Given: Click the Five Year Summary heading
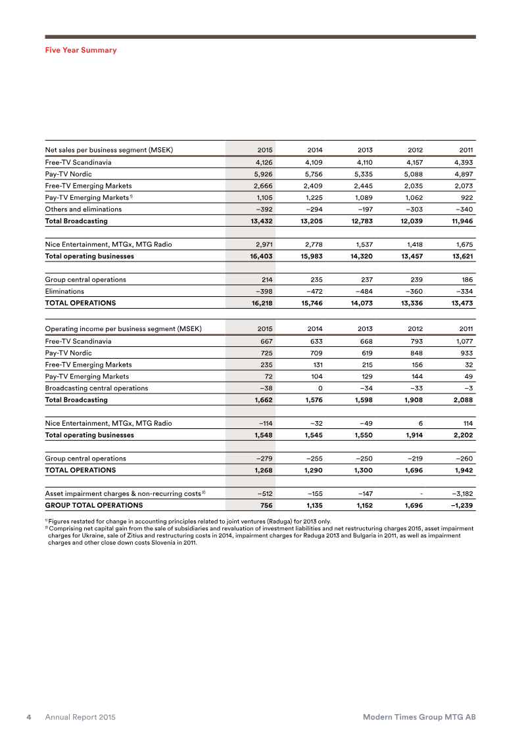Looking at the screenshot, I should pos(81,50).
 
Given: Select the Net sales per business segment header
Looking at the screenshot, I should pos(108,149).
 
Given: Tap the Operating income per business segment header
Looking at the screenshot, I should pos(123,328).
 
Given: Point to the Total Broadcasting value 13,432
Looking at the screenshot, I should pos(261,221).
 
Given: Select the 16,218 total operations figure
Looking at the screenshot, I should pos(261,303).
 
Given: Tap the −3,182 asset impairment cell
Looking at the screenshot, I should pos(462,493).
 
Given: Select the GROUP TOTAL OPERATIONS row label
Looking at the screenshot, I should pos(93,505).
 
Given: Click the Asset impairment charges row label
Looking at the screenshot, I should pos(124,493).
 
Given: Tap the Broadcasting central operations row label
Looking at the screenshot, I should pos(96,388).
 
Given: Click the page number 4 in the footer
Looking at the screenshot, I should pos(29,717).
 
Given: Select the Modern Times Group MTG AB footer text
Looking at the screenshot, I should pos(419,717).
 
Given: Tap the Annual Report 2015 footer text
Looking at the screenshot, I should pos(80,717).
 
